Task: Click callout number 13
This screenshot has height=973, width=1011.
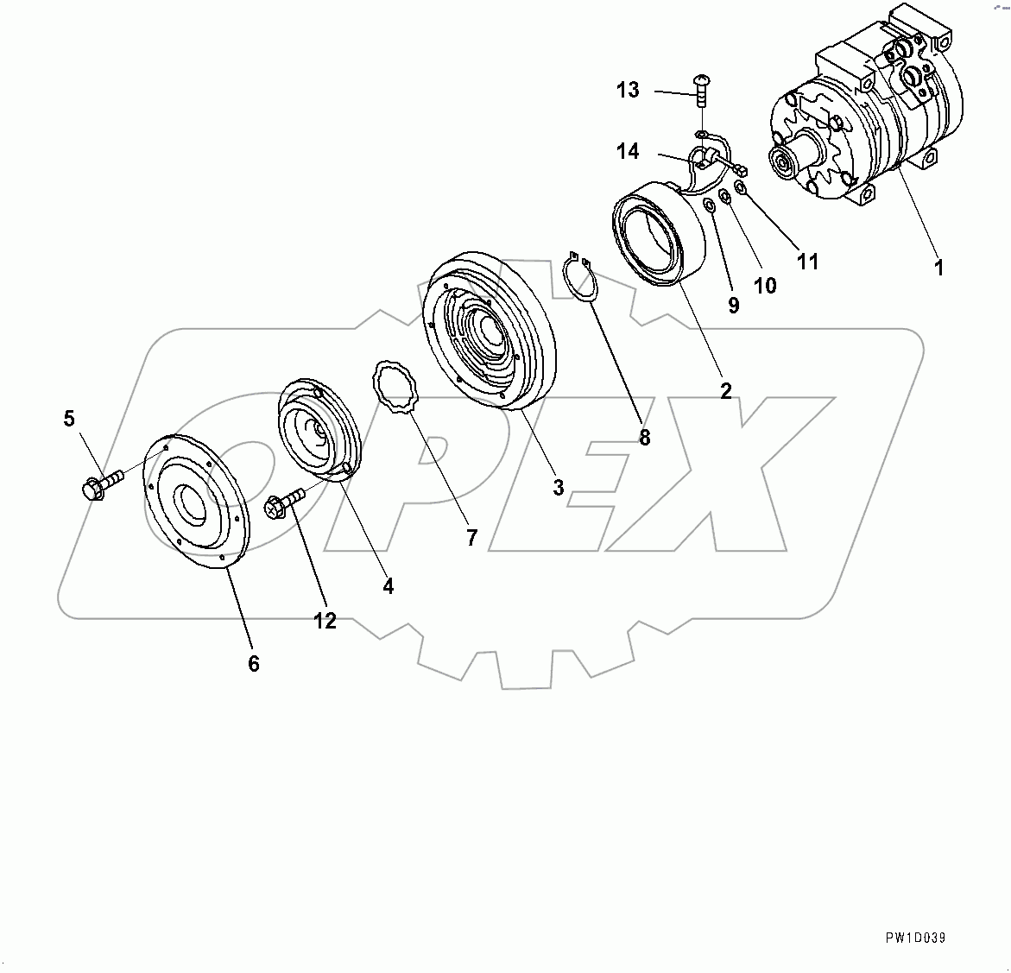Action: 628,90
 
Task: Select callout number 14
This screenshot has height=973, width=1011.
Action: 628,151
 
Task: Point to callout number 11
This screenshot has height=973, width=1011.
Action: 807,261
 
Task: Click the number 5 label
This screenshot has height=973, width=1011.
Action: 69,419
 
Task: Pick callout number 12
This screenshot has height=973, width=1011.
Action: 325,620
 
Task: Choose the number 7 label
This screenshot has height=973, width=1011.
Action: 471,538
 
